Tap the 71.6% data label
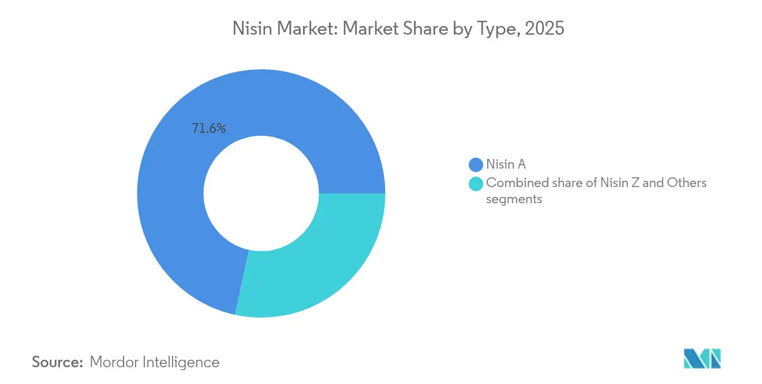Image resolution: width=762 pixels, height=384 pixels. coord(208,129)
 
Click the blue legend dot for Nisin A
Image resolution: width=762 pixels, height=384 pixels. coord(476,165)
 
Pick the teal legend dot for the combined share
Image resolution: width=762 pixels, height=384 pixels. coord(476,184)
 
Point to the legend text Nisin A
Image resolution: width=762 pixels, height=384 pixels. coord(506,165)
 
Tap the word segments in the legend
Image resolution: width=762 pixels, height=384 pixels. coord(514,199)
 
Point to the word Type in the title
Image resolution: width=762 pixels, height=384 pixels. coord(491,29)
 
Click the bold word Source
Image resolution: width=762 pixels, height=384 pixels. coord(57,362)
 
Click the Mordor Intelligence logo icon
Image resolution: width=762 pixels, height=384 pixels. coord(703,358)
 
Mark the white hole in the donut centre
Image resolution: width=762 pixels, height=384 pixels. coord(261,193)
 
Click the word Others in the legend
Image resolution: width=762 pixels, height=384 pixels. coord(686,183)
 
